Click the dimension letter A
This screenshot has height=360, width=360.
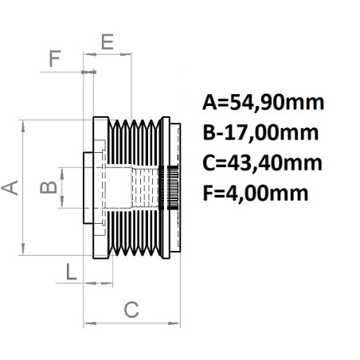coord(10,188)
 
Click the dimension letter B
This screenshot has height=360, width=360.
coord(49,188)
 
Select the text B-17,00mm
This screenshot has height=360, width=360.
coord(261,133)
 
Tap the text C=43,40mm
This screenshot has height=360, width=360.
coord(263,163)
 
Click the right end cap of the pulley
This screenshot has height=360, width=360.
coord(177,188)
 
